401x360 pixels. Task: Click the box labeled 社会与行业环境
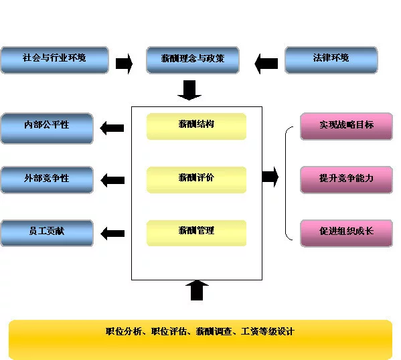click(54, 60)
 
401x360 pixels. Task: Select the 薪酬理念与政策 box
click(193, 60)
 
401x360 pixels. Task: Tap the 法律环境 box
click(331, 60)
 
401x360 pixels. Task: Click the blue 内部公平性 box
click(47, 128)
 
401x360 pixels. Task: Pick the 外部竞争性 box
click(47, 180)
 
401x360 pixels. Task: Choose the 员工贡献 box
click(47, 233)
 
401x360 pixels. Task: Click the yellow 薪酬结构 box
click(196, 126)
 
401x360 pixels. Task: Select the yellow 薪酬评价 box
click(196, 180)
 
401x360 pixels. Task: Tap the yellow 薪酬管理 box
click(196, 233)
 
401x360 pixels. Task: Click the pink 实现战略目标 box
click(346, 126)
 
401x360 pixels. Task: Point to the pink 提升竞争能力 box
click(346, 180)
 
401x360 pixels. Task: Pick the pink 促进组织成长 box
click(346, 233)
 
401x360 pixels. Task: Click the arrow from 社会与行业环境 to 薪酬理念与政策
click(125, 64)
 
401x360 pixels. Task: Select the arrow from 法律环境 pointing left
click(266, 64)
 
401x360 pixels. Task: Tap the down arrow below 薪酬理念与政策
click(189, 90)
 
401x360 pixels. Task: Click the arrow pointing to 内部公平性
click(112, 128)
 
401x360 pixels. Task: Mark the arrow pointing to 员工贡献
click(112, 233)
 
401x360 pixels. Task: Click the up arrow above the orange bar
click(197, 290)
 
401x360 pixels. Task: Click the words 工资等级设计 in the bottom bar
click(268, 331)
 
